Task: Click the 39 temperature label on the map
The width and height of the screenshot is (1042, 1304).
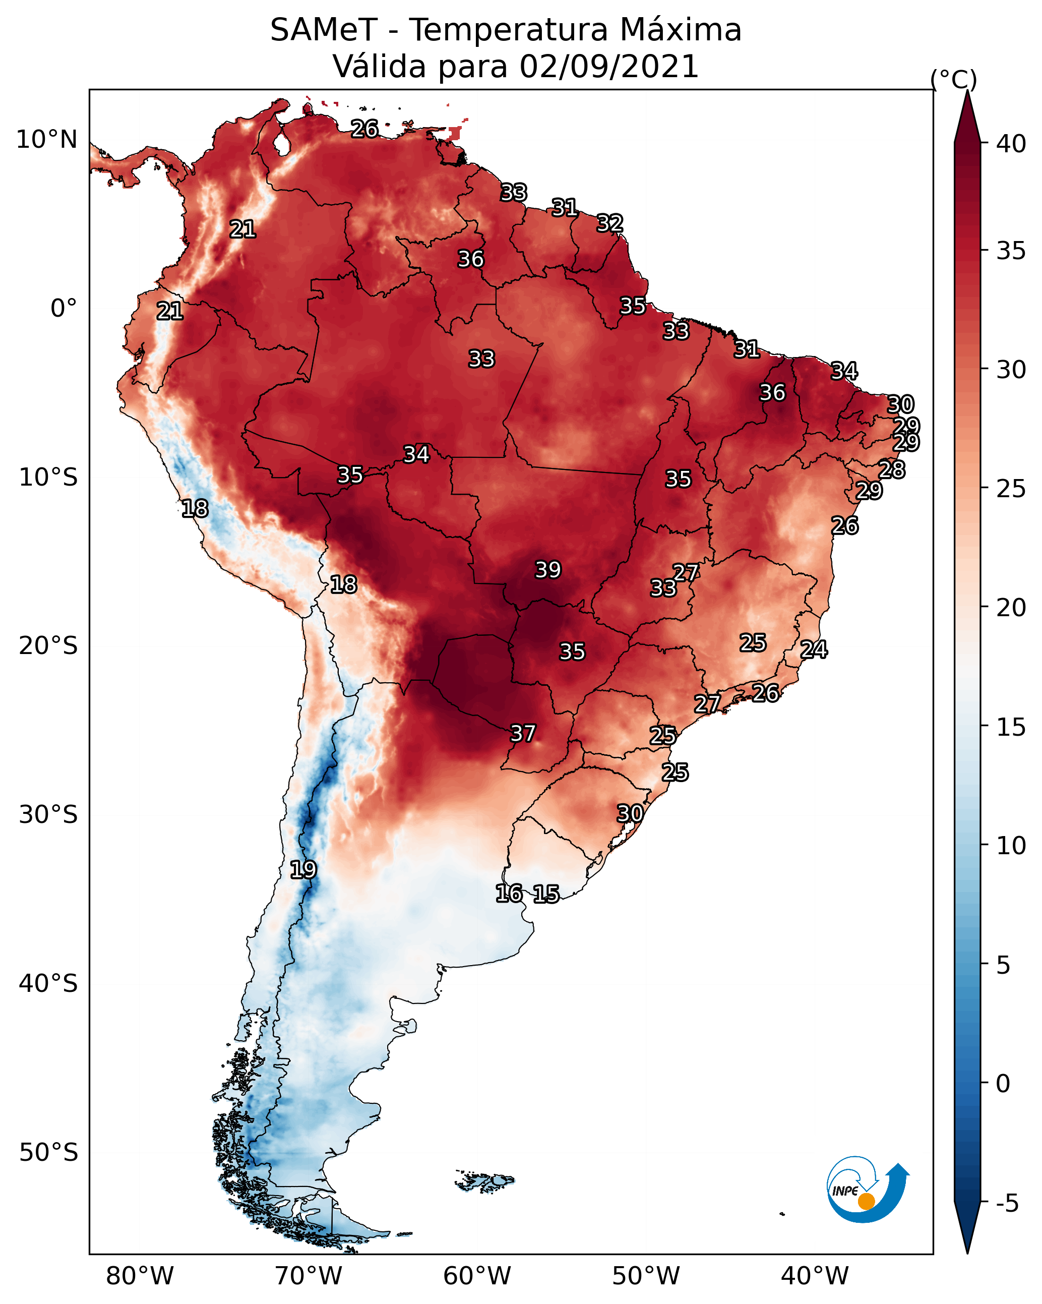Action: pyautogui.click(x=548, y=570)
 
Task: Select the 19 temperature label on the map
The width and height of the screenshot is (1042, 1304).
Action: pyautogui.click(x=303, y=870)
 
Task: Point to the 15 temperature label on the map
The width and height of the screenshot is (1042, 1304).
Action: pyautogui.click(x=546, y=894)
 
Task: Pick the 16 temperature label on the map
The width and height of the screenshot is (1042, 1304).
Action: pyautogui.click(x=509, y=894)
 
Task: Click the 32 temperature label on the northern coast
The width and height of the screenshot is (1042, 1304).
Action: pyautogui.click(x=609, y=223)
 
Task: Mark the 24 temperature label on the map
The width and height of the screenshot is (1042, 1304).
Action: pyautogui.click(x=814, y=649)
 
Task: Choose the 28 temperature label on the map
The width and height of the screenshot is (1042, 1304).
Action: pyautogui.click(x=892, y=469)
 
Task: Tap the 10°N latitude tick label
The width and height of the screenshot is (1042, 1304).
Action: pyautogui.click(x=46, y=140)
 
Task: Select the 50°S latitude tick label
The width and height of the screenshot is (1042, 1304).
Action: pyautogui.click(x=48, y=1153)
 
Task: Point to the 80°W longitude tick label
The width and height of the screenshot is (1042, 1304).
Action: pyautogui.click(x=140, y=1276)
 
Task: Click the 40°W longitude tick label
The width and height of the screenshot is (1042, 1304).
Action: pyautogui.click(x=815, y=1276)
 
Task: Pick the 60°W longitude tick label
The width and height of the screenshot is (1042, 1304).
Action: pyautogui.click(x=477, y=1276)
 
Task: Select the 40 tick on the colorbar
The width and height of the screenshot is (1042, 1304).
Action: pyautogui.click(x=1011, y=144)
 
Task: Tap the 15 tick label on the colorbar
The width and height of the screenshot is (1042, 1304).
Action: pyautogui.click(x=1011, y=727)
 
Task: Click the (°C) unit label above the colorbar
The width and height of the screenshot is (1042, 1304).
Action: pyautogui.click(x=954, y=79)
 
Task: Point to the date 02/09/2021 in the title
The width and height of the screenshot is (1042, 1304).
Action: pyautogui.click(x=609, y=67)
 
